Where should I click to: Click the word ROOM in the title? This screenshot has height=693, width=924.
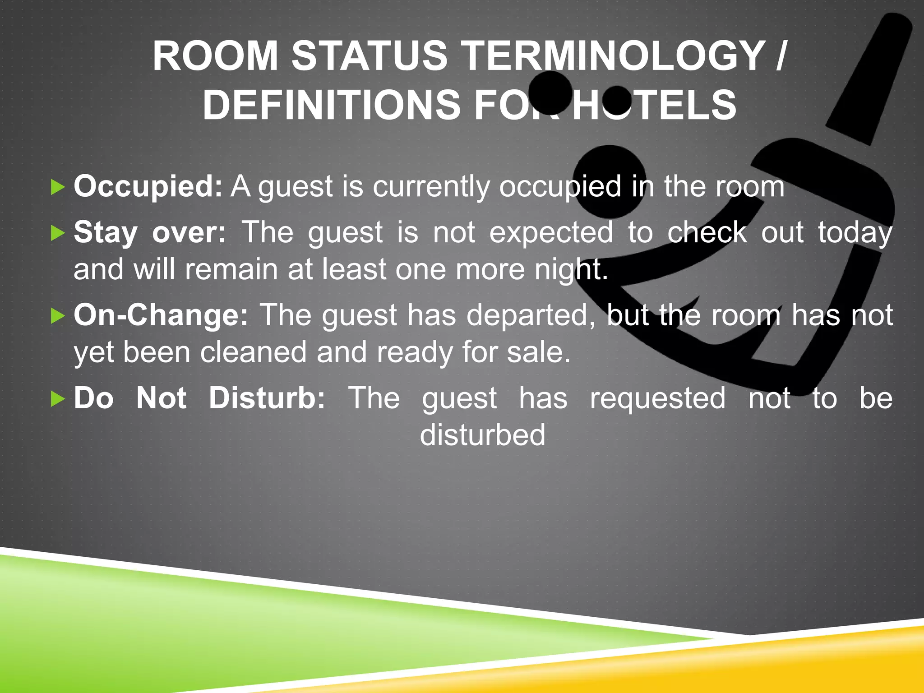point(215,56)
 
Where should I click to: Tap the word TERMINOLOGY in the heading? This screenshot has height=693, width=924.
point(612,56)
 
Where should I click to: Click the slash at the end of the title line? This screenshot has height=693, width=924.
point(781,56)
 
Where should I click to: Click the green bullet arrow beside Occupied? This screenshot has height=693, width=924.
point(58,187)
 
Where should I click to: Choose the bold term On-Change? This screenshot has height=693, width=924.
point(161,315)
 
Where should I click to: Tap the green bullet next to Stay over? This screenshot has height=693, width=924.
point(58,233)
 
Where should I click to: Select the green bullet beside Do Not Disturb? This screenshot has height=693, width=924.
point(58,399)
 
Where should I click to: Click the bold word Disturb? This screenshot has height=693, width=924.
point(267,398)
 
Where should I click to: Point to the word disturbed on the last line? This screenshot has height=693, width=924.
point(482,435)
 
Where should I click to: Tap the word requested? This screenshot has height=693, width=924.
point(658,399)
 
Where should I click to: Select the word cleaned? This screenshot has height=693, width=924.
point(253,352)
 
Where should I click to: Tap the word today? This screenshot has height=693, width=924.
point(855,233)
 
